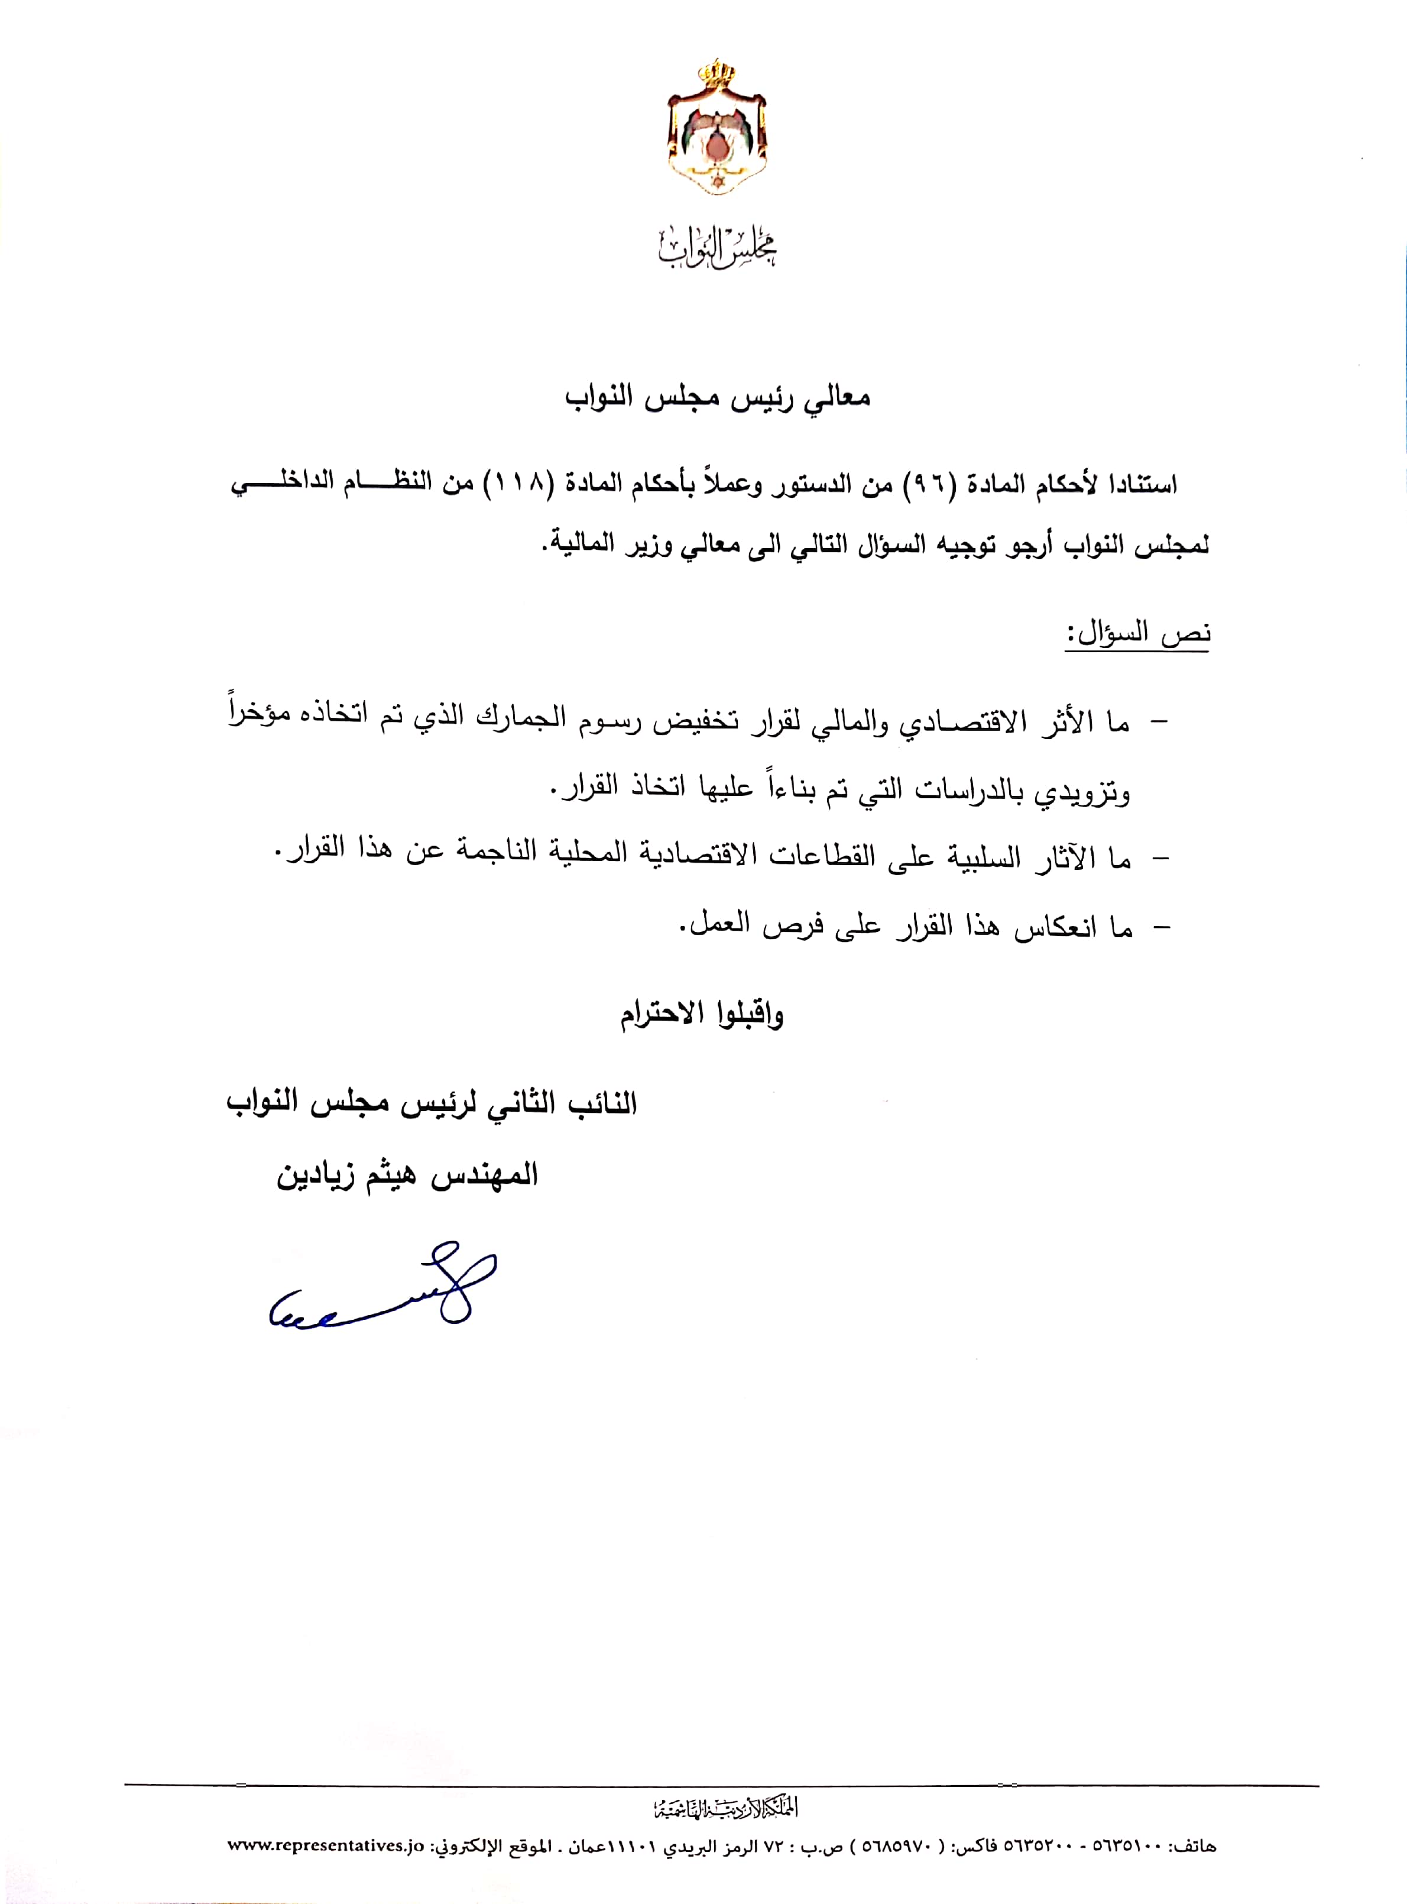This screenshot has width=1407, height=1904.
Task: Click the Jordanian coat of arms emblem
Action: click(717, 128)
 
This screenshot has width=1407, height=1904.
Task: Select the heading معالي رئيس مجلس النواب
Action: click(717, 398)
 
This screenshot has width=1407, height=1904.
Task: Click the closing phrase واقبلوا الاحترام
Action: click(702, 1013)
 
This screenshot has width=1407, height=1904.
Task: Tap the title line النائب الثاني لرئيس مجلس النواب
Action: click(432, 1103)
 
